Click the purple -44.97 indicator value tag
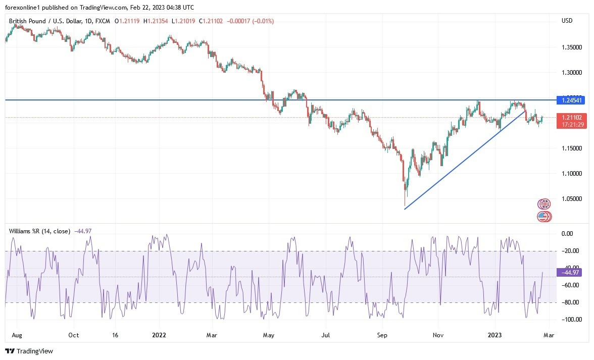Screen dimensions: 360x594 pyautogui.click(x=569, y=273)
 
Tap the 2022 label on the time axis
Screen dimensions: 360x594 pyautogui.click(x=159, y=335)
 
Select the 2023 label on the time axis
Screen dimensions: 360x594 pyautogui.click(x=494, y=335)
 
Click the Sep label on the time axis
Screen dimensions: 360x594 pyautogui.click(x=382, y=335)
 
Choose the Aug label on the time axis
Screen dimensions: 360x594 pyautogui.click(x=16, y=335)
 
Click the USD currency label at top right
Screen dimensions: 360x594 pyautogui.click(x=567, y=21)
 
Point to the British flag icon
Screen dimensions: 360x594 pyautogui.click(x=544, y=204)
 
